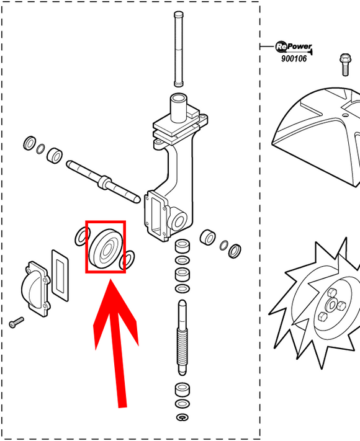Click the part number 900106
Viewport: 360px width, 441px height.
click(294, 58)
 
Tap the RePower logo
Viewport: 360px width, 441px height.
click(294, 47)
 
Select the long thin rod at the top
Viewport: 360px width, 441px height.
click(179, 49)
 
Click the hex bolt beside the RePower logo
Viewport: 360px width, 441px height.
click(345, 65)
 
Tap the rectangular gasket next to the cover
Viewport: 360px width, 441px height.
click(60, 275)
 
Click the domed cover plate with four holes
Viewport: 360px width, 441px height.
click(36, 289)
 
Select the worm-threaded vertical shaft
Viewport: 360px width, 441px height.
click(182, 337)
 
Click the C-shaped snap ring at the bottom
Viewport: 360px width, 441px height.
click(182, 417)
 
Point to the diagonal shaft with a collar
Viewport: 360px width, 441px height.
click(103, 181)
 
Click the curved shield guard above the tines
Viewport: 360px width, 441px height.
click(318, 135)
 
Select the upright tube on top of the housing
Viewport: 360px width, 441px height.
click(179, 108)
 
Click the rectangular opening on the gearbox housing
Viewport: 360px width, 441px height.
click(156, 215)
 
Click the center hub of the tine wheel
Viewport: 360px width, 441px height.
click(331, 305)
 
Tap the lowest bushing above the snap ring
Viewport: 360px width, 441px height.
click(182, 390)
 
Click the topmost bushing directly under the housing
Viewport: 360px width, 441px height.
click(182, 246)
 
